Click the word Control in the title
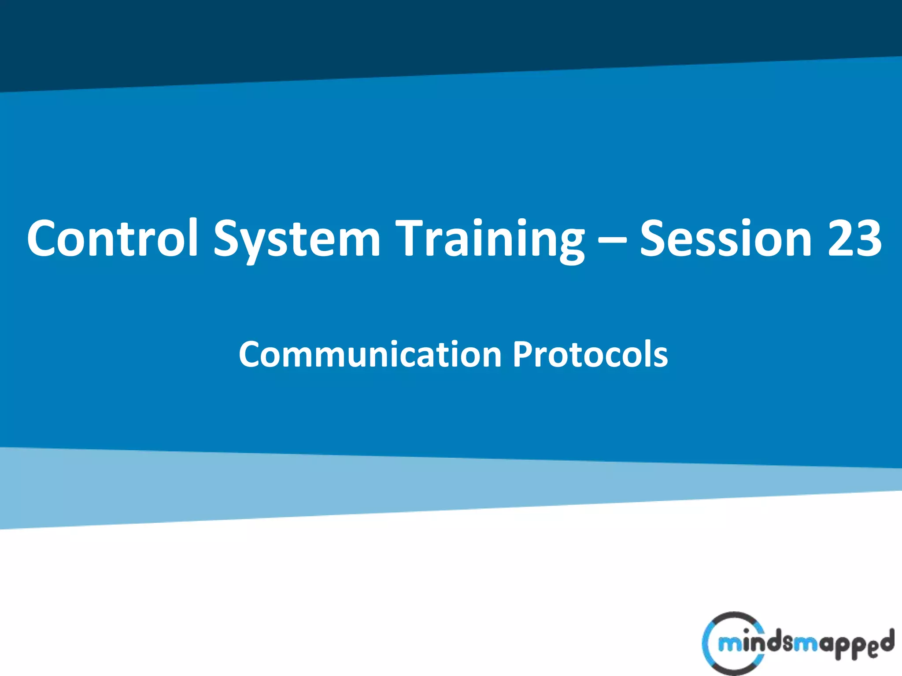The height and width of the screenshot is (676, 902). [x=112, y=238]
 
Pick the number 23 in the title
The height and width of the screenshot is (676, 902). [x=854, y=238]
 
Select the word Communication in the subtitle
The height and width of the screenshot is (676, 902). [x=370, y=354]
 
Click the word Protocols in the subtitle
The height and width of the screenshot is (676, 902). [x=590, y=354]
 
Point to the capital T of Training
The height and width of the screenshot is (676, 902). [x=411, y=238]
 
